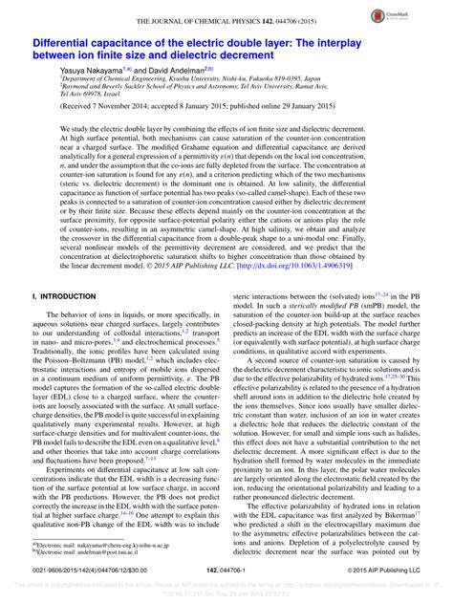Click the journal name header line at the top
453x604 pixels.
226,20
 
